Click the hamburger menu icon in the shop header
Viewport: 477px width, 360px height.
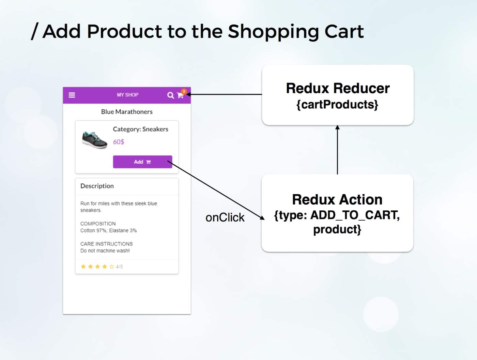pyautogui.click(x=72, y=95)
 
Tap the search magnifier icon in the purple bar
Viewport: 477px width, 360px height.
pyautogui.click(x=170, y=95)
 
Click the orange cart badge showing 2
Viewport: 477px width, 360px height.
pyautogui.click(x=184, y=91)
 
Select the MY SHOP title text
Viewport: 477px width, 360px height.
pyautogui.click(x=127, y=95)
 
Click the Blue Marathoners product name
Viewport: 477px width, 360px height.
pyautogui.click(x=127, y=111)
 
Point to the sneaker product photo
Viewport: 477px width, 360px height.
pyautogui.click(x=94, y=139)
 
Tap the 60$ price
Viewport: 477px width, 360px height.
pyautogui.click(x=119, y=142)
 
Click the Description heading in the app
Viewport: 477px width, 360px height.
pyautogui.click(x=97, y=186)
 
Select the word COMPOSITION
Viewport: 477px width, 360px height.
pyautogui.click(x=98, y=224)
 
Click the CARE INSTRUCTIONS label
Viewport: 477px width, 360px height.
pyautogui.click(x=106, y=244)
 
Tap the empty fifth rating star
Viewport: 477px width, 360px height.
pyautogui.click(x=112, y=267)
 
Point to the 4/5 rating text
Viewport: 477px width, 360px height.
pyautogui.click(x=119, y=267)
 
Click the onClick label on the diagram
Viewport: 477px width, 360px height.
pyautogui.click(x=225, y=217)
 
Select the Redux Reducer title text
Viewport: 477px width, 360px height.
pyautogui.click(x=338, y=88)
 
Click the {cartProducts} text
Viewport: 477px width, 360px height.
pyautogui.click(x=337, y=104)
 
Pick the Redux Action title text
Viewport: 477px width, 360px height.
pyautogui.click(x=337, y=199)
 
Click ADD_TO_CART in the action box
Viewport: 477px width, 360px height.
pyautogui.click(x=354, y=215)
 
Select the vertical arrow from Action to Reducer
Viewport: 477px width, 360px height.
pyautogui.click(x=337, y=150)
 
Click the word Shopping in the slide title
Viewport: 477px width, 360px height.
pyautogui.click(x=273, y=32)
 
